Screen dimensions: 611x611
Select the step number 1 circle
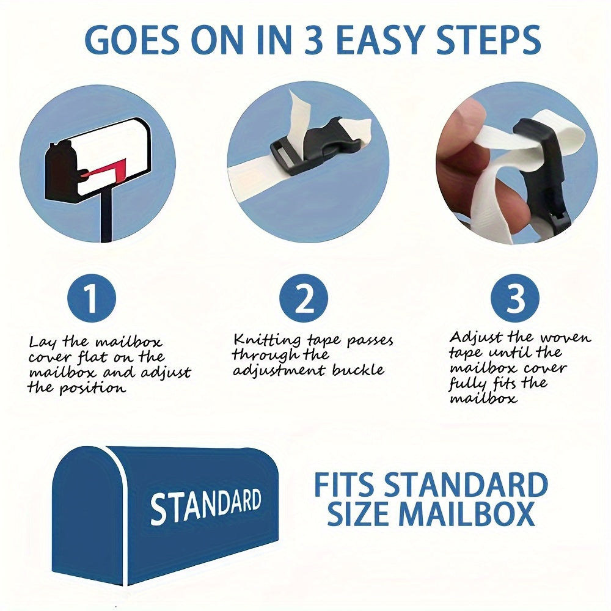click(92, 298)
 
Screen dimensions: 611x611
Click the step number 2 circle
click(304, 298)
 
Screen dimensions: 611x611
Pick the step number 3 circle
click(515, 298)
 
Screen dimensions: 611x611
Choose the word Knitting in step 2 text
click(267, 340)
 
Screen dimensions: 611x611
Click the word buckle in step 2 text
click(358, 370)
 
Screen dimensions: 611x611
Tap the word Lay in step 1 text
click(43, 343)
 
